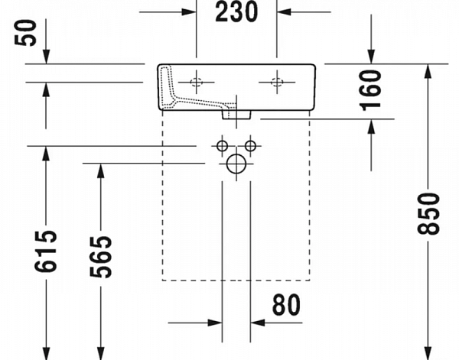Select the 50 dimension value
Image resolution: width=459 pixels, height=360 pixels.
tap(31, 34)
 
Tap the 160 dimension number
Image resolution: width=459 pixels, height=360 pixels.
tap(370, 89)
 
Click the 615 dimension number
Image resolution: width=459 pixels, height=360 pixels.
tap(46, 250)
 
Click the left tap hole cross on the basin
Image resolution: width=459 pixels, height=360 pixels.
tap(196, 83)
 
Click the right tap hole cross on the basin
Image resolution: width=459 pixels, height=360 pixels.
tap(276, 83)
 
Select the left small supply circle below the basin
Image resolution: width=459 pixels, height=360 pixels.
tap(222, 145)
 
